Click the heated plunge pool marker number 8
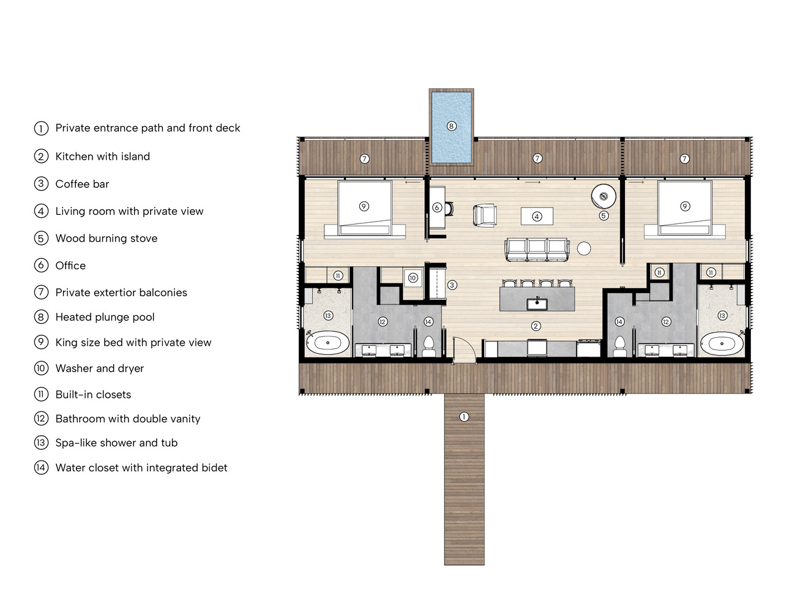[x=451, y=126]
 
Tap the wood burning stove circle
[x=603, y=196]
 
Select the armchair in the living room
[x=484, y=215]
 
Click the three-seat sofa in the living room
[x=537, y=250]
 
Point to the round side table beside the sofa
[x=584, y=249]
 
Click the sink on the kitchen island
[x=537, y=304]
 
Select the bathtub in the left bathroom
[x=327, y=343]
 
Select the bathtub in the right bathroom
[x=722, y=343]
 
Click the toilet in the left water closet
[x=428, y=346]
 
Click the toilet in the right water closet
[x=620, y=346]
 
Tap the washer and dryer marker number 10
[x=413, y=278]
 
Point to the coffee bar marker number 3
[x=452, y=285]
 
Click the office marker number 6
[x=437, y=207]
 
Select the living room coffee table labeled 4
[x=537, y=217]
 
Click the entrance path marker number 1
[x=464, y=416]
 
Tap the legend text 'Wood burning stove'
[x=106, y=238]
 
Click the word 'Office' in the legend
[x=70, y=266]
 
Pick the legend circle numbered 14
[x=41, y=468]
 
